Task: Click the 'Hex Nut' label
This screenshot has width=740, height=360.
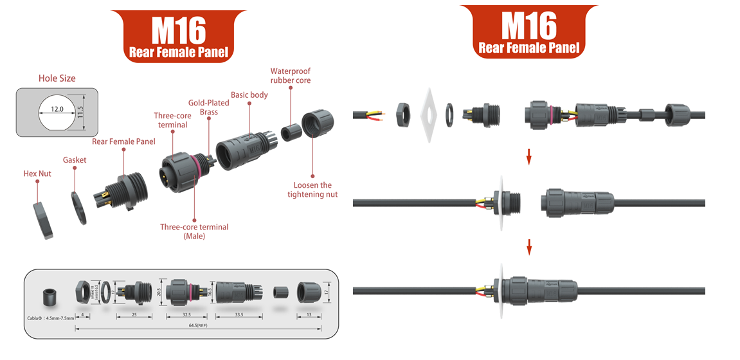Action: click(x=37, y=174)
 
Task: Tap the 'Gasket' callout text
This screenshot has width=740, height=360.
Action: click(x=75, y=159)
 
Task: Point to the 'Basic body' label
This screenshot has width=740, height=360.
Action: click(x=249, y=95)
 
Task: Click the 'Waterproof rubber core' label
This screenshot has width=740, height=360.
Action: click(x=291, y=76)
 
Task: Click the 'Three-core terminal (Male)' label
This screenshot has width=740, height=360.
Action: click(x=194, y=231)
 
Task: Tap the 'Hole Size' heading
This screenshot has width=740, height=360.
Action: click(x=57, y=78)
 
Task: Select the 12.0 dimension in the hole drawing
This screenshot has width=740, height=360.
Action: click(x=57, y=109)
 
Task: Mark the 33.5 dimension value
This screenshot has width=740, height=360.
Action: click(x=239, y=315)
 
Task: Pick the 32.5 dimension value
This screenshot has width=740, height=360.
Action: click(x=187, y=315)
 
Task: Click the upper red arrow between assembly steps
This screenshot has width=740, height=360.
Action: click(x=528, y=157)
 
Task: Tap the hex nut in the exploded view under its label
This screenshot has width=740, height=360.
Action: click(x=44, y=217)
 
